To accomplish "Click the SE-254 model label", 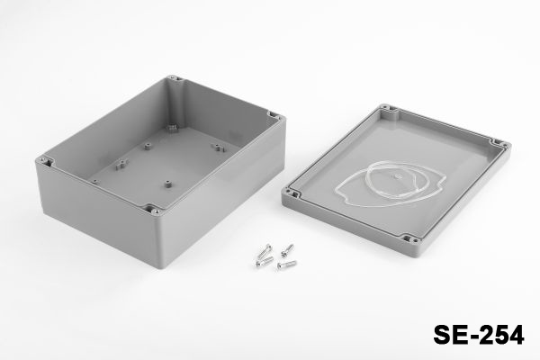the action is click(x=479, y=335).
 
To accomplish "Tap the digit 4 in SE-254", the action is click(x=516, y=335).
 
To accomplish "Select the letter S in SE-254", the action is click(x=442, y=335).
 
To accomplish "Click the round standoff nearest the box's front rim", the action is click(x=167, y=184).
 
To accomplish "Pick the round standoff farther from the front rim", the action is click(x=148, y=147).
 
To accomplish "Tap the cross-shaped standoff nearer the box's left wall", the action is click(x=121, y=165).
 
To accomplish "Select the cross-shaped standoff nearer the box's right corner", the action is click(x=217, y=148).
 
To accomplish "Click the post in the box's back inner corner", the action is click(x=172, y=128).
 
